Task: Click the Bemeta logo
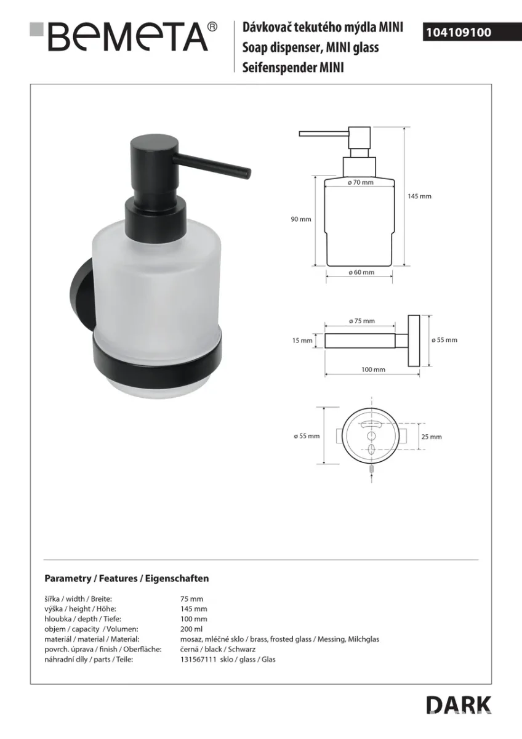click(123, 37)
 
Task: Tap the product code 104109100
click(459, 32)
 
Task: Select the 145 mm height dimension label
click(419, 196)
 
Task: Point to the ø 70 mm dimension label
click(361, 182)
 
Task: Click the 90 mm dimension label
click(301, 219)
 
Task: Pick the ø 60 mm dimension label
click(361, 272)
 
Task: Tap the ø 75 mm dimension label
click(362, 321)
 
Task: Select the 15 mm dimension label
click(302, 341)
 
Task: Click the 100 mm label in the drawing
click(373, 369)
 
